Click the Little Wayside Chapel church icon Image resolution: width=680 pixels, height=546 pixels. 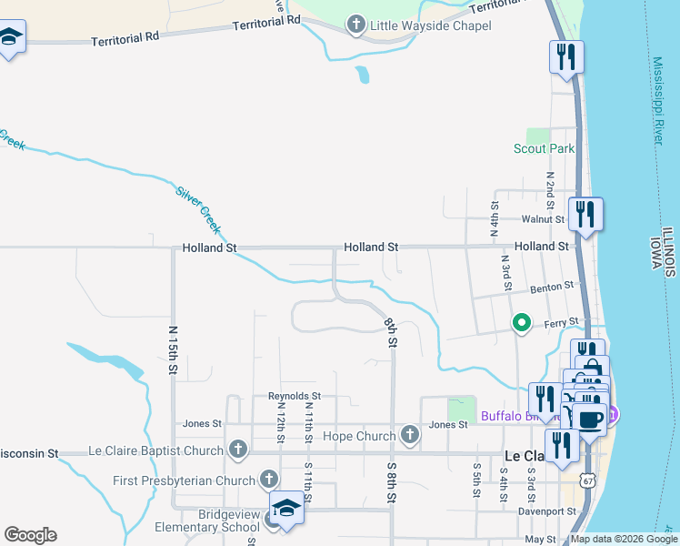(x=355, y=25)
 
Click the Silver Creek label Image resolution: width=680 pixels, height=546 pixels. (x=198, y=208)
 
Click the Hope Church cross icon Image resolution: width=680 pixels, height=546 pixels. (x=410, y=436)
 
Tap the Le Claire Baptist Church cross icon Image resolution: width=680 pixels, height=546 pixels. (x=238, y=450)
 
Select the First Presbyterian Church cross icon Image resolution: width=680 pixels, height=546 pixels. (x=269, y=479)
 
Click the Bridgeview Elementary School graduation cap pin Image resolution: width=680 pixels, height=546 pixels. (x=286, y=508)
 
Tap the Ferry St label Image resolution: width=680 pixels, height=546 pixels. (x=561, y=322)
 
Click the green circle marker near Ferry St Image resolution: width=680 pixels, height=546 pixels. (x=522, y=322)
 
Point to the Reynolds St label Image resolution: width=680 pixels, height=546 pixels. (x=295, y=396)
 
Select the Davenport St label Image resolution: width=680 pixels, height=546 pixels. (x=547, y=511)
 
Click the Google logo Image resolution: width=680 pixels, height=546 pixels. (x=30, y=535)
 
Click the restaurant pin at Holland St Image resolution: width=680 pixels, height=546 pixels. (x=585, y=215)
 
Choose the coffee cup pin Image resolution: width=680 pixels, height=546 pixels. (x=588, y=420)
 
